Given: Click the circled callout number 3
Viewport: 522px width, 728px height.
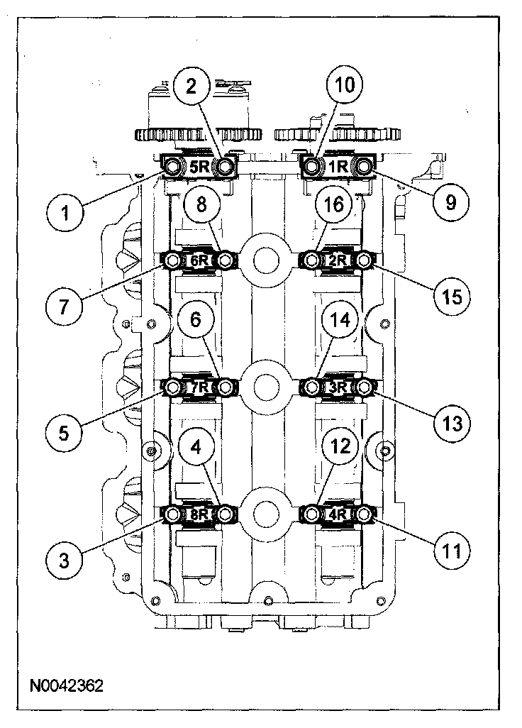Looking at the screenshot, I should click(x=65, y=561).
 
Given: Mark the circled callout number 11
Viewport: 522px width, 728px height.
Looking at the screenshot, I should click(x=452, y=550).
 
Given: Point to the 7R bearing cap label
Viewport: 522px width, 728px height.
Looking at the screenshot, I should click(x=199, y=387).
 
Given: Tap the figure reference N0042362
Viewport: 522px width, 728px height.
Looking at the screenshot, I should click(x=67, y=686).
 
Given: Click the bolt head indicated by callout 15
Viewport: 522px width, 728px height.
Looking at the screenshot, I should click(x=364, y=261).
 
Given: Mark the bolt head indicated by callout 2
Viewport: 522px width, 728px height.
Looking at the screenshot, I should click(x=225, y=166).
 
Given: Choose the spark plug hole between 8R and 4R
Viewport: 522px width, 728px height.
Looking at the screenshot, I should click(x=267, y=512).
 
